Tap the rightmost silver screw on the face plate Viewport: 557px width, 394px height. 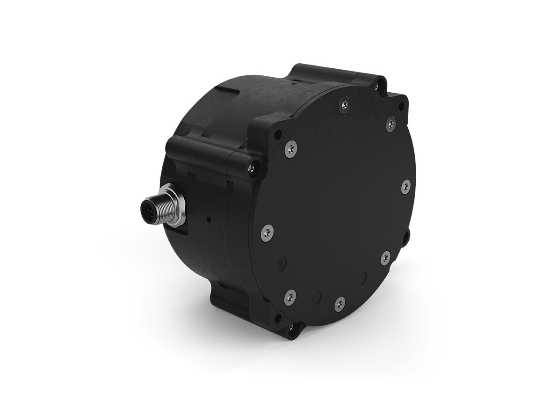[x=405, y=186]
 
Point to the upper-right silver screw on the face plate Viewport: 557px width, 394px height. [x=391, y=124]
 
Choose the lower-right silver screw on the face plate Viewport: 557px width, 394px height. [x=385, y=257]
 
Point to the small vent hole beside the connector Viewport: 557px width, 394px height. [x=209, y=219]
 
